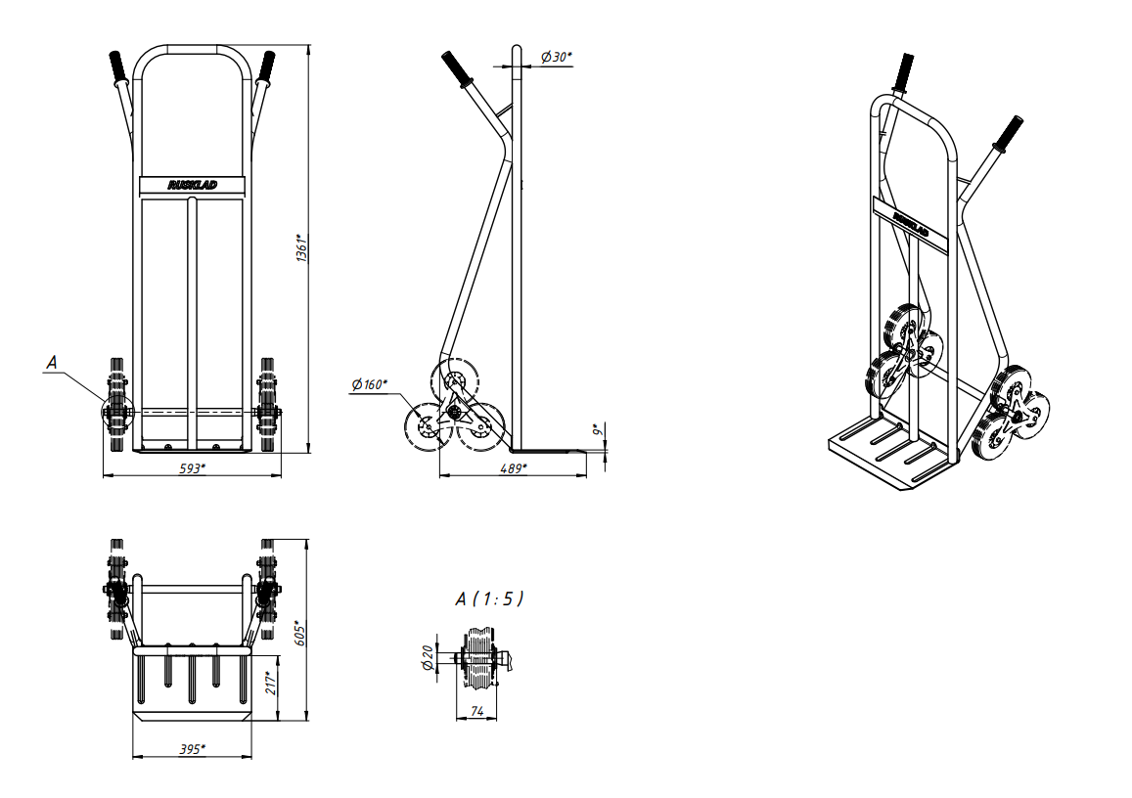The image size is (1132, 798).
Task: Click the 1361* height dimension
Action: pos(302,247)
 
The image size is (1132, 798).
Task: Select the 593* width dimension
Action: pos(192,469)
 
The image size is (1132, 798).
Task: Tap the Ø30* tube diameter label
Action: pos(556,57)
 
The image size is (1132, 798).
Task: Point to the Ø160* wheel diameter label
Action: pos(370,384)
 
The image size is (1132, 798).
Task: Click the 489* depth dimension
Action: pos(514,469)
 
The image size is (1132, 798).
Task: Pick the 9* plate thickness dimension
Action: pos(597,430)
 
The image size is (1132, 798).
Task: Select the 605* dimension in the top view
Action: pos(301,633)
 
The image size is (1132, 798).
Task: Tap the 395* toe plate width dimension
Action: pos(192,750)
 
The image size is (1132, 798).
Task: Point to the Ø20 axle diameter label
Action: pos(428,657)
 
